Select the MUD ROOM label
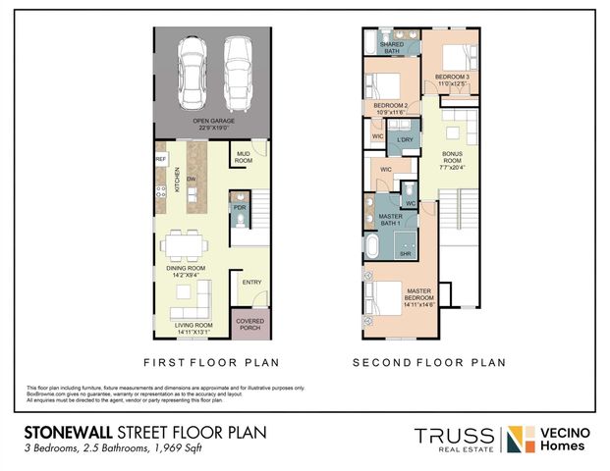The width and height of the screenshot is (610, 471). (x=245, y=157)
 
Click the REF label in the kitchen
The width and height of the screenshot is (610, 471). (x=160, y=157)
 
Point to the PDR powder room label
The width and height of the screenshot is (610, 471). (x=239, y=208)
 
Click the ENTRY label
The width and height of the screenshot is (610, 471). (x=251, y=284)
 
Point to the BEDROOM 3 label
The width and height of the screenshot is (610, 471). (x=452, y=78)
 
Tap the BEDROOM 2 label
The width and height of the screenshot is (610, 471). (x=391, y=108)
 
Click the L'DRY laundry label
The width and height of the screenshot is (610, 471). (x=405, y=141)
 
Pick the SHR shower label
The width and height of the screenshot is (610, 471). (x=404, y=254)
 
